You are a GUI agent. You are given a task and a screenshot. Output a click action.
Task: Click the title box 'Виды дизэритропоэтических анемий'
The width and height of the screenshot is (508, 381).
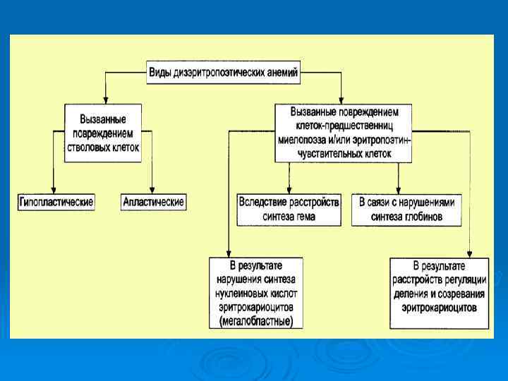point(224,71)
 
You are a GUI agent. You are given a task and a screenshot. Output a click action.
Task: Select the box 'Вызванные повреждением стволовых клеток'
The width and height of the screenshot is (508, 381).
point(103,128)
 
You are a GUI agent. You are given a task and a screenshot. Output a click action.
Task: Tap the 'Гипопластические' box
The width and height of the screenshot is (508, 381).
point(56,202)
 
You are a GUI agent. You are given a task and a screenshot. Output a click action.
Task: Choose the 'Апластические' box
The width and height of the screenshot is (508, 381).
point(153,202)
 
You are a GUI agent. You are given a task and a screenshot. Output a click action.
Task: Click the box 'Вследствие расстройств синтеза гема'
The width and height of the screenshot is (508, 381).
point(289,210)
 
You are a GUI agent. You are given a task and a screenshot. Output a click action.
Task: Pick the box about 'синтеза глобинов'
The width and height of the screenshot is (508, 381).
point(407,210)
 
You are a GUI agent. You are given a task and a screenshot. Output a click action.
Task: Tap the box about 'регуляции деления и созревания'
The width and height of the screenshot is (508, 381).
point(438,292)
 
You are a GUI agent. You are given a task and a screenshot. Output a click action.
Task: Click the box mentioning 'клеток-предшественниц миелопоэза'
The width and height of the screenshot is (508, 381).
point(344,133)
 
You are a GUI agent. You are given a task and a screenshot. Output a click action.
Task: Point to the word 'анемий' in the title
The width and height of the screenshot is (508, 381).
point(282,71)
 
